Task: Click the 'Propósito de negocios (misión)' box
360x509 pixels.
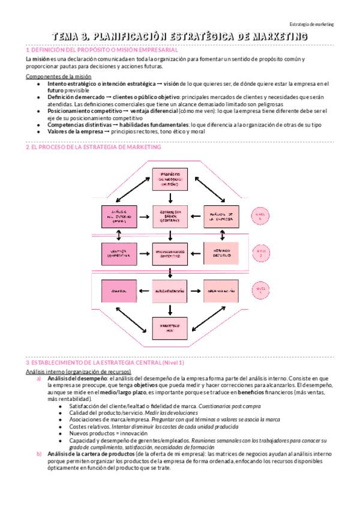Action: (170, 178)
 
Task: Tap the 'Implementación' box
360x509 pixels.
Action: (170, 291)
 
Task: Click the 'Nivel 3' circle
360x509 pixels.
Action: (259, 291)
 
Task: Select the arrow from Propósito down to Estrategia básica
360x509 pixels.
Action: (170, 197)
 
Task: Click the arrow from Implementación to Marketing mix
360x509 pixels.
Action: (170, 309)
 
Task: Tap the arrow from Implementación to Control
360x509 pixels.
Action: (145, 291)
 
